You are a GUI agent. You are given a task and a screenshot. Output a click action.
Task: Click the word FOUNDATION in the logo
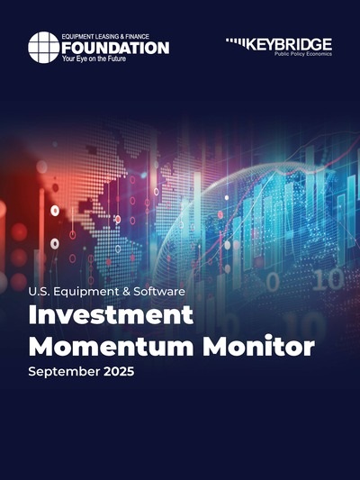pyautogui.click(x=115, y=48)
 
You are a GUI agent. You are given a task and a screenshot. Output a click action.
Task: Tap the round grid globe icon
pyautogui.click(x=44, y=47)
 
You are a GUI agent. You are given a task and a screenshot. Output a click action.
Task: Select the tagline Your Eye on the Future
pyautogui.click(x=94, y=59)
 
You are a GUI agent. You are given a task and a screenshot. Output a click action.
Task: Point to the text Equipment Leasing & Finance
pyautogui.click(x=105, y=37)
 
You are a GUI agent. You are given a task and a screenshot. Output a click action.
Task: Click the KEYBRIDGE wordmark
pyautogui.click(x=289, y=45)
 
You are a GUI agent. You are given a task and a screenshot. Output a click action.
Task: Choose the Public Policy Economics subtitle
pyautogui.click(x=302, y=54)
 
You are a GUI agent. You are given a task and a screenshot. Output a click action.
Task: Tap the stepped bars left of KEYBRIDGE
pyautogui.click(x=236, y=43)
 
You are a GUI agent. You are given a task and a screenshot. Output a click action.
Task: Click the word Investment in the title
pyautogui.click(x=111, y=315)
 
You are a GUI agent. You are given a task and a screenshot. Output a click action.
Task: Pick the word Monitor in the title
pyautogui.click(x=259, y=346)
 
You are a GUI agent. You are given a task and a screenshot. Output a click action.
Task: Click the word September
pyautogui.click(x=64, y=372)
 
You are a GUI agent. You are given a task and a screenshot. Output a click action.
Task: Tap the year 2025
pyautogui.click(x=119, y=371)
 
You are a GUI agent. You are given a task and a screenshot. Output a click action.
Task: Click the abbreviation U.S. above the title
pyautogui.click(x=39, y=292)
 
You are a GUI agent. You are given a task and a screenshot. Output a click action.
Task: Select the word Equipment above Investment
pyautogui.click(x=85, y=293)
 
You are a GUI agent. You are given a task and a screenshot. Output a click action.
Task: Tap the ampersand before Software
pyautogui.click(x=126, y=292)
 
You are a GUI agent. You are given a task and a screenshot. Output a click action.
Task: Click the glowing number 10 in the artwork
pyautogui.click(x=328, y=280)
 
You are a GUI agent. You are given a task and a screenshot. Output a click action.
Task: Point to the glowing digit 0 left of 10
pyautogui.click(x=273, y=282)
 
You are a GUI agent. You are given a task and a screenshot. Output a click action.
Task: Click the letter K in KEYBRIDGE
pyautogui.click(x=251, y=45)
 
